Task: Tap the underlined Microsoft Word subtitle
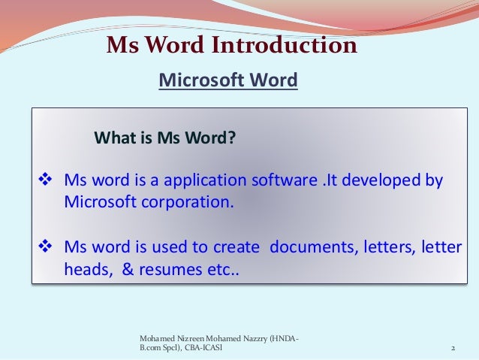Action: pos(229,80)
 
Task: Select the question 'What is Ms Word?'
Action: pos(164,138)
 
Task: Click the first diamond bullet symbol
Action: pos(44,181)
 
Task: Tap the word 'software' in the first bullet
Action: pos(285,181)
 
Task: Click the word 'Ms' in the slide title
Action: pos(125,47)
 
